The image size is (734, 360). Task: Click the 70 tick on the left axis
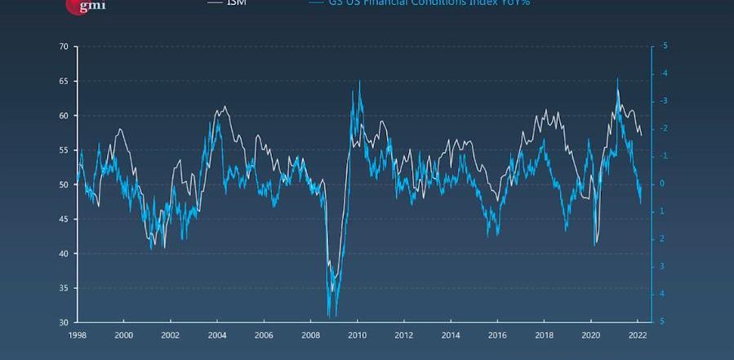point(63,47)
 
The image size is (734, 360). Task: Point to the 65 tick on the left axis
point(63,81)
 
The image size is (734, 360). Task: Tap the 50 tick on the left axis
point(63,184)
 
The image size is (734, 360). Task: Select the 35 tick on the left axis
point(63,288)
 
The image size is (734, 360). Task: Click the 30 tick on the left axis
point(63,322)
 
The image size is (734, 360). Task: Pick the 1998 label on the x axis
point(78,336)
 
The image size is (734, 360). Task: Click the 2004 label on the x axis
point(217,336)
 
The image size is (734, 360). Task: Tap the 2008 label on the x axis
point(310,336)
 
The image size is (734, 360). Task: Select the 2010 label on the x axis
point(357,336)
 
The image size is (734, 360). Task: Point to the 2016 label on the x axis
point(496,336)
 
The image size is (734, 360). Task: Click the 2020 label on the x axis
point(590,336)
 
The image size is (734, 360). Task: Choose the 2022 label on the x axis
point(637,336)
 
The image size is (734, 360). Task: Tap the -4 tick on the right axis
point(664,73)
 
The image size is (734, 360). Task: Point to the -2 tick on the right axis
point(664,129)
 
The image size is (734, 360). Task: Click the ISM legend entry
point(235,2)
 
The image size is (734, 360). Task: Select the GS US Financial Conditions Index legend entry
point(416,2)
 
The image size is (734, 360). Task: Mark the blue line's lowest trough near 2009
point(328,315)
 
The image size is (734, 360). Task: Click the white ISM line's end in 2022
point(642,136)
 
